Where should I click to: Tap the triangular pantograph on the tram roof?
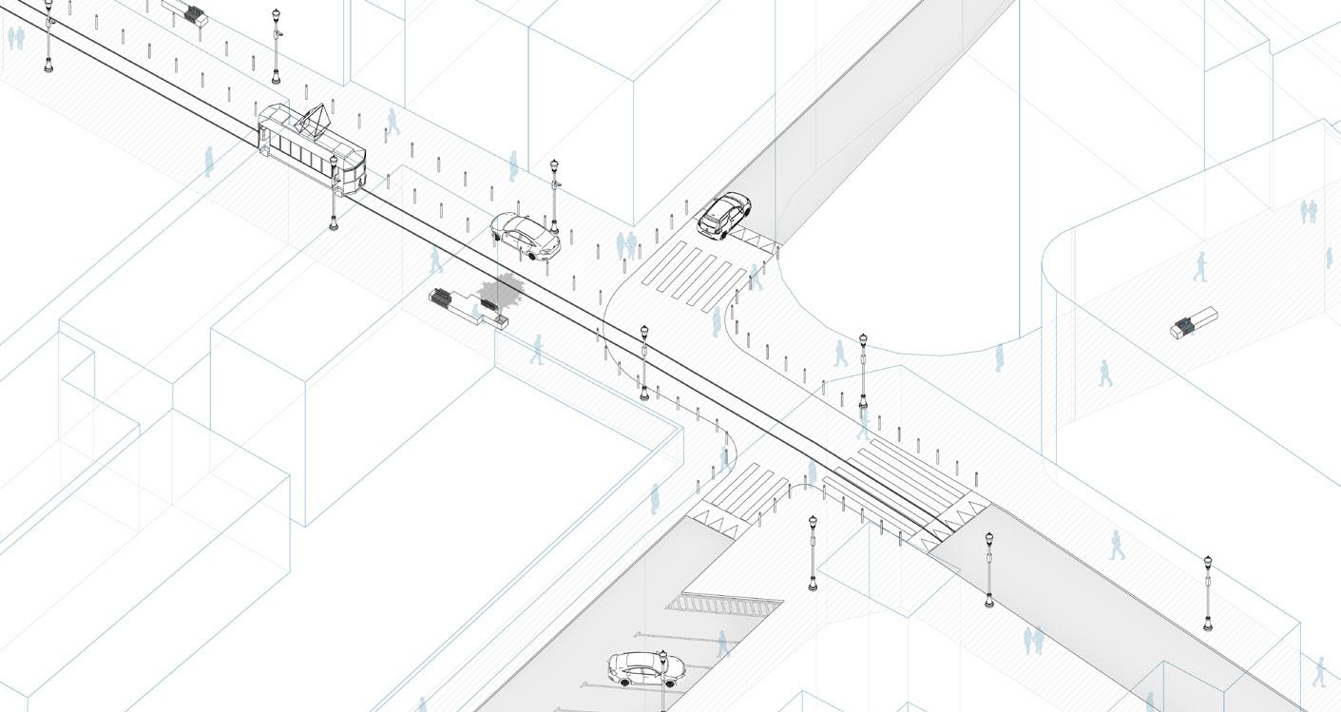(312, 122)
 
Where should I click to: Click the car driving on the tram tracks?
(525, 236)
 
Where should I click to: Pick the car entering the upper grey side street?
(724, 215)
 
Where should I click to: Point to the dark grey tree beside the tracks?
(501, 290)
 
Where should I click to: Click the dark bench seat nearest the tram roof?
(195, 14)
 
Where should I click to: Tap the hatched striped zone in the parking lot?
(723, 605)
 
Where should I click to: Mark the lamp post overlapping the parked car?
(662, 680)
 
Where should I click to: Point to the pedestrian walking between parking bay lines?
(722, 644)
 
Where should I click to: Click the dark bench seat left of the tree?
(442, 298)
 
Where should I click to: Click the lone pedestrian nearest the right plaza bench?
(1200, 266)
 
